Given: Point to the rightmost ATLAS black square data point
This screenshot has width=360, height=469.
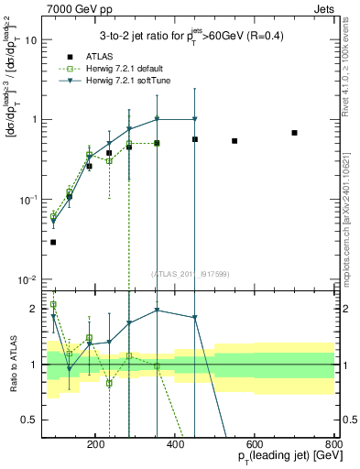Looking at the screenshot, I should pyautogui.click(x=294, y=133).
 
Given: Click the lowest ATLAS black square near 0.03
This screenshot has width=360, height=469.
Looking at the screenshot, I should pyautogui.click(x=53, y=242).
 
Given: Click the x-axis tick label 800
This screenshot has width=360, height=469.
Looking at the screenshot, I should pyautogui.click(x=333, y=443).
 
